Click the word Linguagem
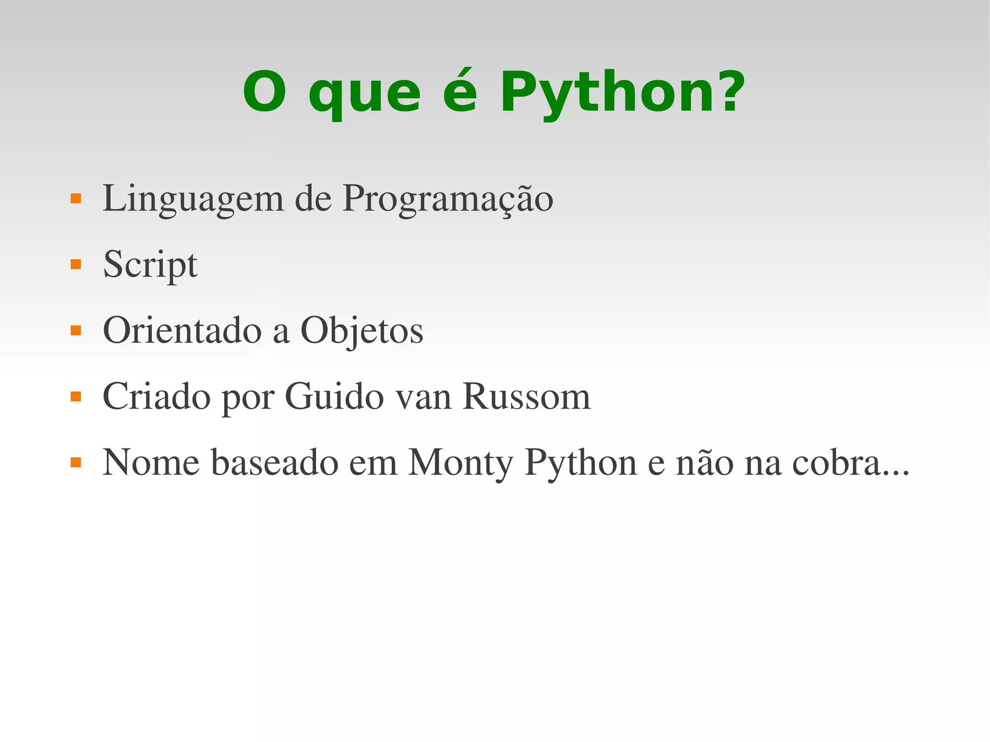[x=193, y=199]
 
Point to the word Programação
[x=448, y=199]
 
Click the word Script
[x=150, y=265]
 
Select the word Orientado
[x=182, y=331]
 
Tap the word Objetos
[x=362, y=331]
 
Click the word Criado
[x=157, y=396]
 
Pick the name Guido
[x=334, y=396]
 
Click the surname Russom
[x=526, y=396]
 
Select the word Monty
[x=460, y=463]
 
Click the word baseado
[x=275, y=463]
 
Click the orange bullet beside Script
[x=76, y=264]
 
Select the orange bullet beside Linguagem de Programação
[x=76, y=199]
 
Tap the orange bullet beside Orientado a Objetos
[x=76, y=331]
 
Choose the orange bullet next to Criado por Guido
[x=76, y=397]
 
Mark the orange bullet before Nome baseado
[x=76, y=463]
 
